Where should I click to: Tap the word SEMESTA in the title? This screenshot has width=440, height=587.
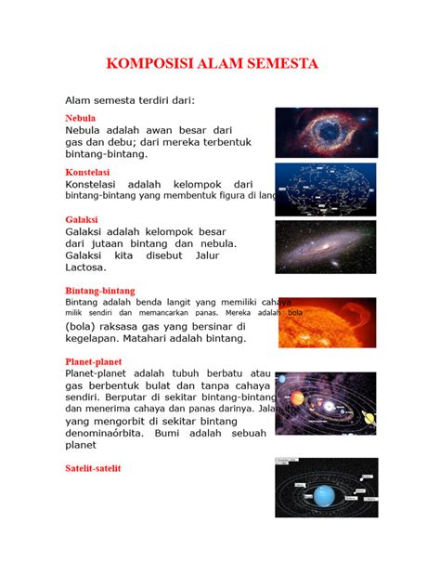279,64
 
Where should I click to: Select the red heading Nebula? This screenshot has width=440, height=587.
80,119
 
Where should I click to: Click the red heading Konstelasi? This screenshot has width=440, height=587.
86,173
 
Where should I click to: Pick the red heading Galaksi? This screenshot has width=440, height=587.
82,220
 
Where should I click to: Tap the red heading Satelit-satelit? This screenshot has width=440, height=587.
93,468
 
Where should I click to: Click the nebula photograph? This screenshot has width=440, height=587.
326,132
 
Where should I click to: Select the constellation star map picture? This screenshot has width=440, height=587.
326,189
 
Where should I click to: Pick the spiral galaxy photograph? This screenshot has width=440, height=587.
326,246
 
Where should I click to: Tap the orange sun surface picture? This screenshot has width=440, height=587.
326,322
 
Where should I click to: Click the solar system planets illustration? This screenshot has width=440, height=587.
326,402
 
